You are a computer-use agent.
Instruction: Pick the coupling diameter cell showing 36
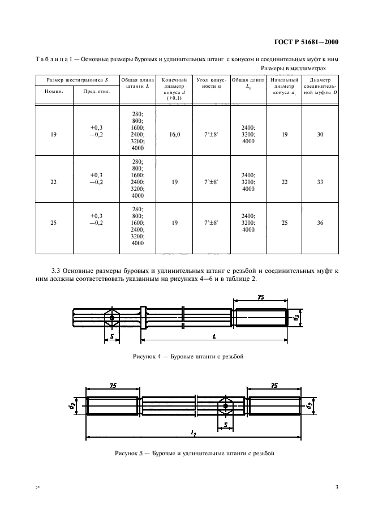[x=320, y=223]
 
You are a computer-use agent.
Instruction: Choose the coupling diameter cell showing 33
[x=320, y=182]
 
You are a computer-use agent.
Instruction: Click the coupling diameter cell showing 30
[x=320, y=135]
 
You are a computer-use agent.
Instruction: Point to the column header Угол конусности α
[x=210, y=84]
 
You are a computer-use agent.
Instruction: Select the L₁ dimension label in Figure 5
[x=194, y=433]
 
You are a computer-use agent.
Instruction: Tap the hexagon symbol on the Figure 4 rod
[x=113, y=318]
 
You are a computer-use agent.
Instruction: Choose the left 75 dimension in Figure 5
[x=113, y=385]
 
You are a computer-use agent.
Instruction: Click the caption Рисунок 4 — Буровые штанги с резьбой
[x=187, y=357]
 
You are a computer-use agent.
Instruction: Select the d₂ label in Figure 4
[x=296, y=318]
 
